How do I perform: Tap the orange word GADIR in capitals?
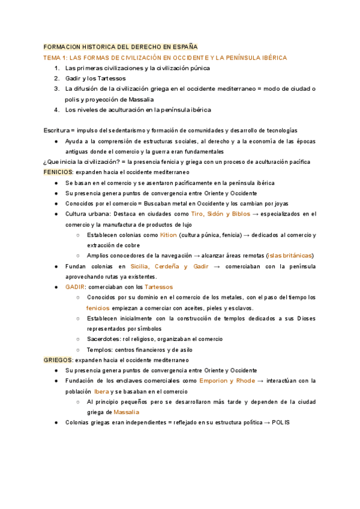[x=76, y=287]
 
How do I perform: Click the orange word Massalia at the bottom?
[x=126, y=412]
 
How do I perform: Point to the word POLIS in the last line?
[x=280, y=423]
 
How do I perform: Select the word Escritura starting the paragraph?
[x=57, y=130]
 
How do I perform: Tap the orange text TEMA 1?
[x=55, y=58]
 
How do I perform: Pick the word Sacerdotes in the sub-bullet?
[x=104, y=339]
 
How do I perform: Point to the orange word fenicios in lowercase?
[x=98, y=308]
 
